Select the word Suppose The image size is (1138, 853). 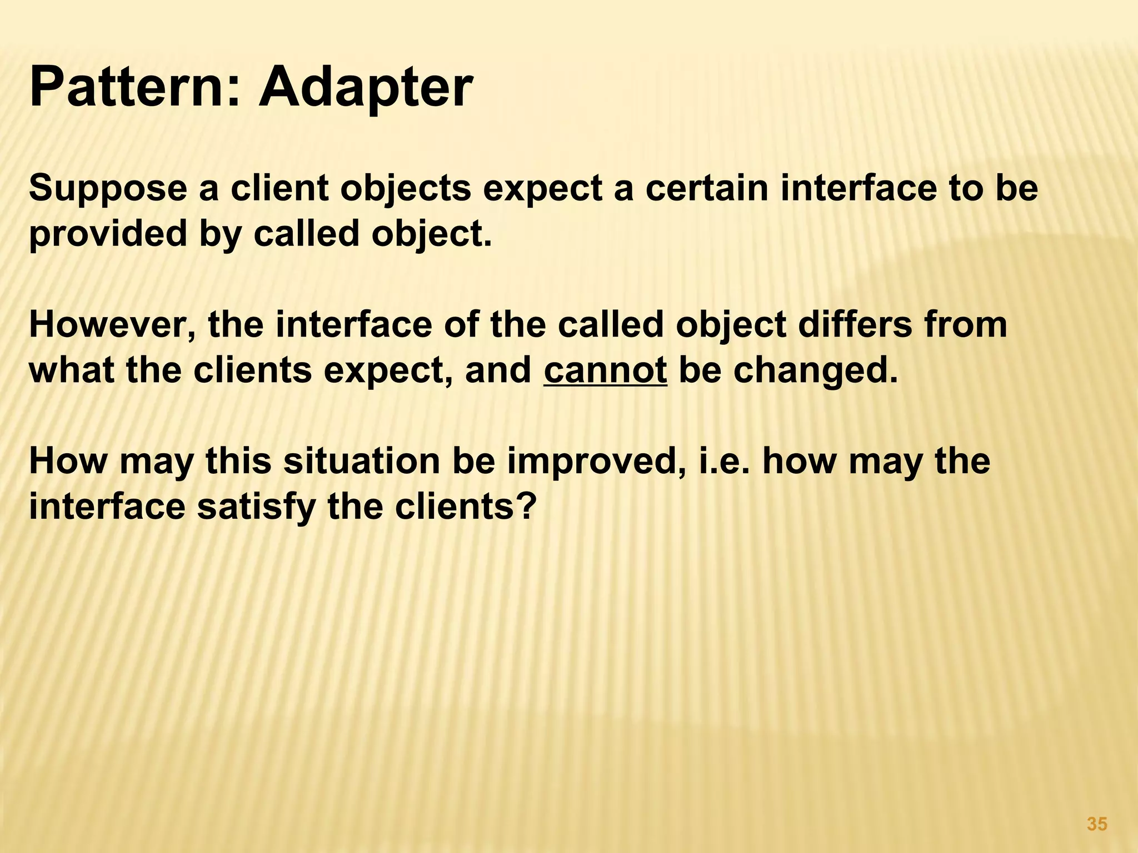[x=108, y=189]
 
